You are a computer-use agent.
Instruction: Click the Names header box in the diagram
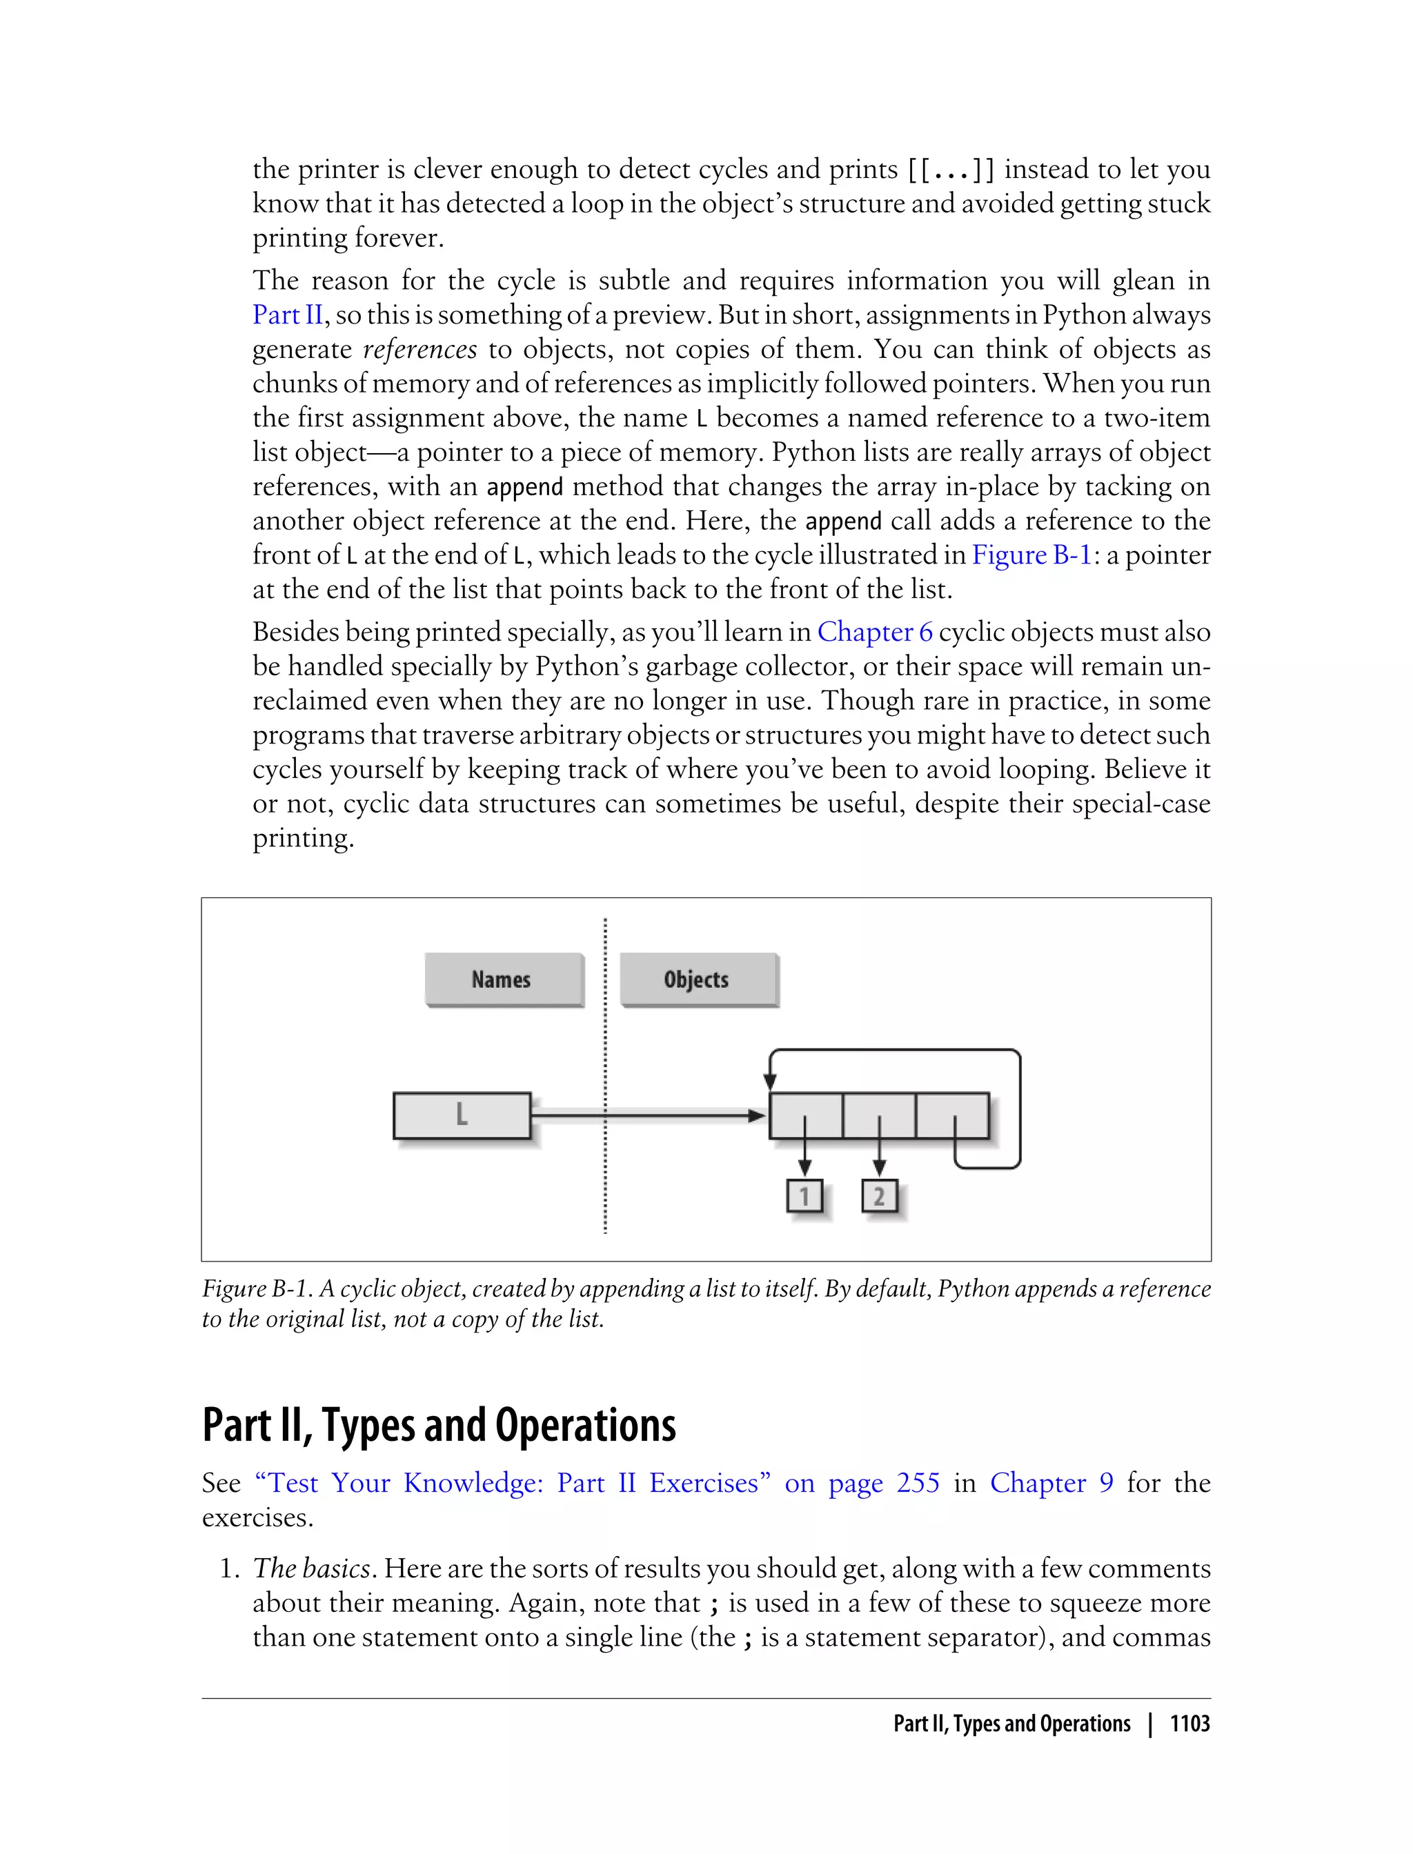503,979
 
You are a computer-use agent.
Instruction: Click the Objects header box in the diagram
698,979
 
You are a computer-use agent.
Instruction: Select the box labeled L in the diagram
462,1115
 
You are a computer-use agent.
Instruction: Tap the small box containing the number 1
804,1195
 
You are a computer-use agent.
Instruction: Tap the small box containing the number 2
879,1195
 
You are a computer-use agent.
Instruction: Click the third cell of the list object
952,1114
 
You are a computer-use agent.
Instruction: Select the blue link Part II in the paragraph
288,315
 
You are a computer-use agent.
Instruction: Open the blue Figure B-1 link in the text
1031,555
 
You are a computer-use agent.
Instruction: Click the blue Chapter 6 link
875,632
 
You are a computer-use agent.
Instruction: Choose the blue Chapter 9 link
1051,1482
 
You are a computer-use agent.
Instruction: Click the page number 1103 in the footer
1189,1724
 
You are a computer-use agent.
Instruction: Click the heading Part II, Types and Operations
439,1424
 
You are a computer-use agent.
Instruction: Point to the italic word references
419,349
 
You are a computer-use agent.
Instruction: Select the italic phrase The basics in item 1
311,1568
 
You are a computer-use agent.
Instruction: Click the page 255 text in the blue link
883,1482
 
